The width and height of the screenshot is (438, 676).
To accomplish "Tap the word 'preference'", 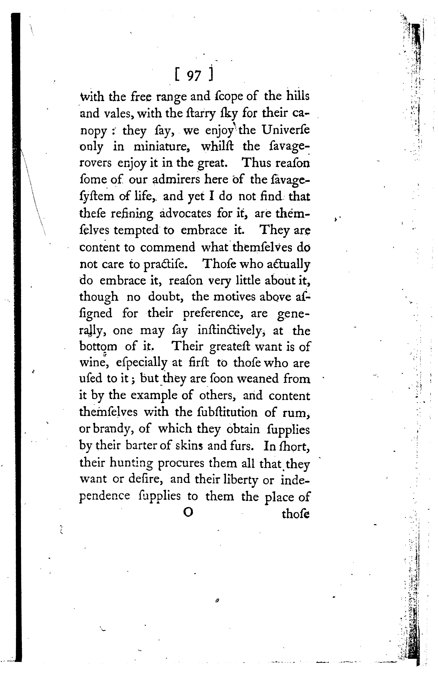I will click(x=210, y=314).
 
